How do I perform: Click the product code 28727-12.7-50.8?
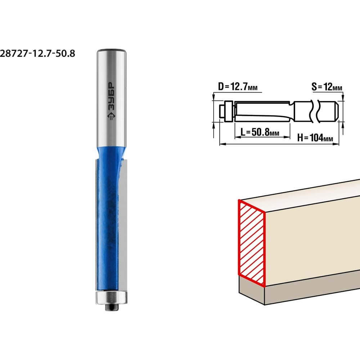pyautogui.click(x=37, y=54)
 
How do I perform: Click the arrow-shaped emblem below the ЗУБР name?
pyautogui.click(x=111, y=116)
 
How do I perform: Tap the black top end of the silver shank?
pyautogui.click(x=111, y=50)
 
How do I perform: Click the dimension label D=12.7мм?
pyautogui.click(x=238, y=87)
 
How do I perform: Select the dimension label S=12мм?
pyautogui.click(x=327, y=87)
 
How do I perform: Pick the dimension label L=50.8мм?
pyautogui.click(x=260, y=132)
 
